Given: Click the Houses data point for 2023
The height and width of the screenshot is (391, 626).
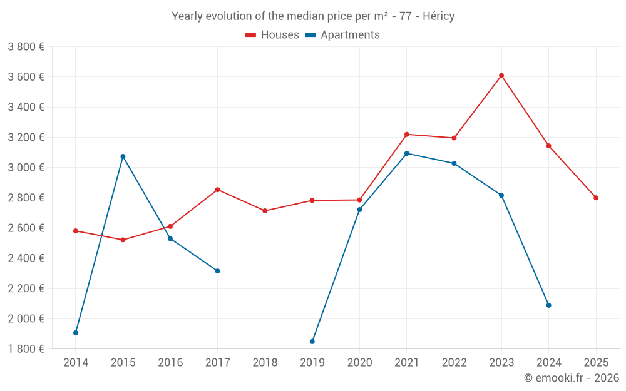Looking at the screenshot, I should tap(501, 76).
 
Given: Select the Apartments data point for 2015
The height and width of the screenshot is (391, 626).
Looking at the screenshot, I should tap(123, 156).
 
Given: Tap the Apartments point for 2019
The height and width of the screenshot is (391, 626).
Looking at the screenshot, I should tap(312, 342).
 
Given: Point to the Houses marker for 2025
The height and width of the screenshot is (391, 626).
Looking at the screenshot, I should tap(596, 198).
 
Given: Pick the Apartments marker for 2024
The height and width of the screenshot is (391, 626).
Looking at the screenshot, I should tap(548, 305).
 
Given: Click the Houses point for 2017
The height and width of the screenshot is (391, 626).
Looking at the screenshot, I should tap(217, 190).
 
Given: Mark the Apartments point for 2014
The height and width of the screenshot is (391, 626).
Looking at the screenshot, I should tap(76, 333).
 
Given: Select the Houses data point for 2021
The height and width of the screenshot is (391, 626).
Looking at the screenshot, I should tap(407, 135).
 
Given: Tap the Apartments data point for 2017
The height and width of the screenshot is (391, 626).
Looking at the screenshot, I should tap(217, 271).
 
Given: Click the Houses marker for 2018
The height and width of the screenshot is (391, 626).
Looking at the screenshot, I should tap(265, 211).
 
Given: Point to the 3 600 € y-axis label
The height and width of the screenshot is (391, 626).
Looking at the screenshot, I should tap(26, 77).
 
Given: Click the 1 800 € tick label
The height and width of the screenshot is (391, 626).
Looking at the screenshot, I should tap(26, 348).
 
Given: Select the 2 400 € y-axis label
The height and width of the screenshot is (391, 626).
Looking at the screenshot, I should tap(26, 258).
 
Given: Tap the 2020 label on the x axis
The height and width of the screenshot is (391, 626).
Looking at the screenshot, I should tap(359, 362).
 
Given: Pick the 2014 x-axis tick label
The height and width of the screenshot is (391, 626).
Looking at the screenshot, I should tap(76, 362).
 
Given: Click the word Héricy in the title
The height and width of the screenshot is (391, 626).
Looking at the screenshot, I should tap(438, 16).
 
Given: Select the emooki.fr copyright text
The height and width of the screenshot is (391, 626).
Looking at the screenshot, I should tap(572, 378).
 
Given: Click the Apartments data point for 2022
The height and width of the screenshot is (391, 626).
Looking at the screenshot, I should tap(454, 163).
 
